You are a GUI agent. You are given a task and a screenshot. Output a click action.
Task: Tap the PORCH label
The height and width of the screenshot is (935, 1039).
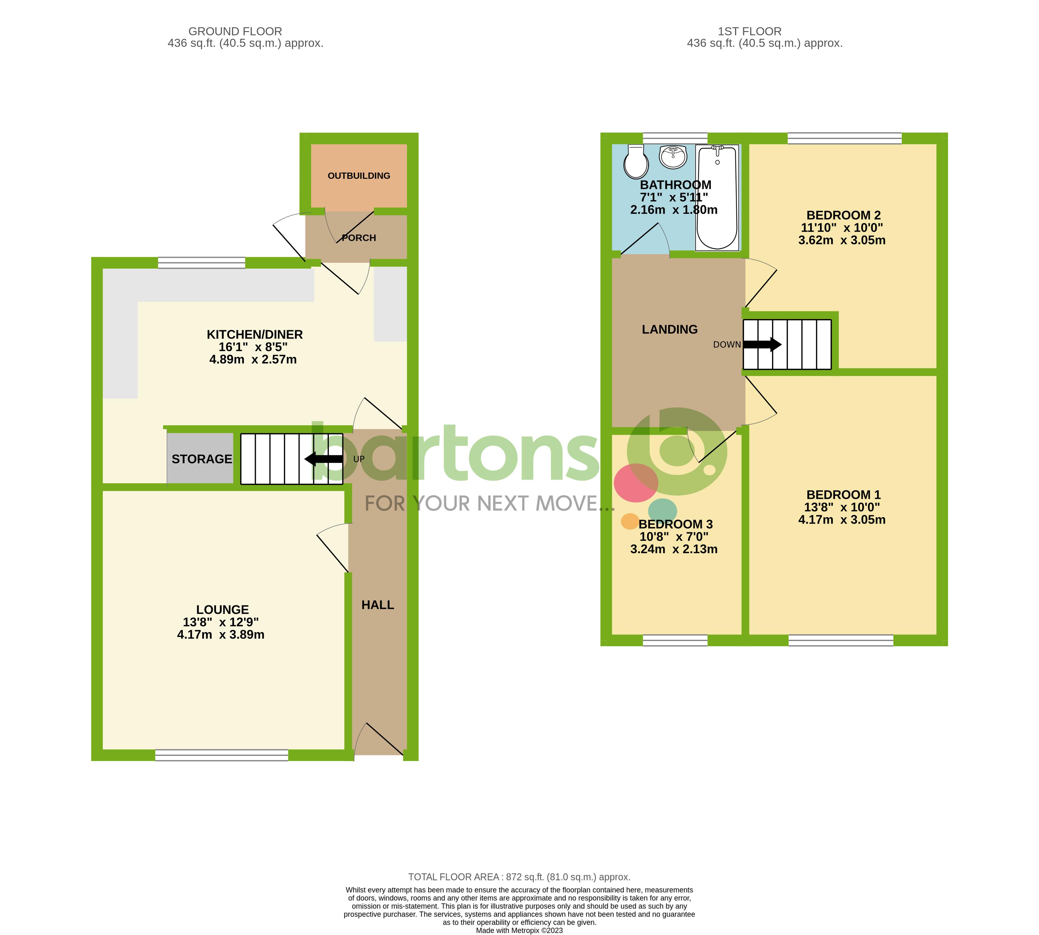pyautogui.click(x=359, y=238)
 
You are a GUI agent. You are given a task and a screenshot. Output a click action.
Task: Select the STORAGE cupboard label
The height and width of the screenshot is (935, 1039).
pyautogui.click(x=201, y=459)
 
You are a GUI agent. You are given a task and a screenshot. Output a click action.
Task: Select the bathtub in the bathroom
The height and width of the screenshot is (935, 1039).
pyautogui.click(x=717, y=198)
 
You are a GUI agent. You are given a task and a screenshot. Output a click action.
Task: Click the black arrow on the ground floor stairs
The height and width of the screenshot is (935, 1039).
pyautogui.click(x=324, y=459)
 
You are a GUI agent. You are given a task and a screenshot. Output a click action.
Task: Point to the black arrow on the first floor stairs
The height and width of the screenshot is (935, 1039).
pyautogui.click(x=762, y=344)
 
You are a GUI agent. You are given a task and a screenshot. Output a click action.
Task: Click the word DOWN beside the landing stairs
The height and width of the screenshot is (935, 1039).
pyautogui.click(x=727, y=345)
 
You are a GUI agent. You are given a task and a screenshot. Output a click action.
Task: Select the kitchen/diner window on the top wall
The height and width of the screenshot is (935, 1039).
pyautogui.click(x=201, y=263)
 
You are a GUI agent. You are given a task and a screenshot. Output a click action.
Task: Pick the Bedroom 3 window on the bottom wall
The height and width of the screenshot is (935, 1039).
pyautogui.click(x=675, y=640)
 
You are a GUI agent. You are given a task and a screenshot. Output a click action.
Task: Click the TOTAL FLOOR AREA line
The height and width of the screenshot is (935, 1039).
pyautogui.click(x=519, y=877)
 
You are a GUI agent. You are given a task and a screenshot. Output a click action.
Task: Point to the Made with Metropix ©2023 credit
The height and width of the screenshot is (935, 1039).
pyautogui.click(x=519, y=930)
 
